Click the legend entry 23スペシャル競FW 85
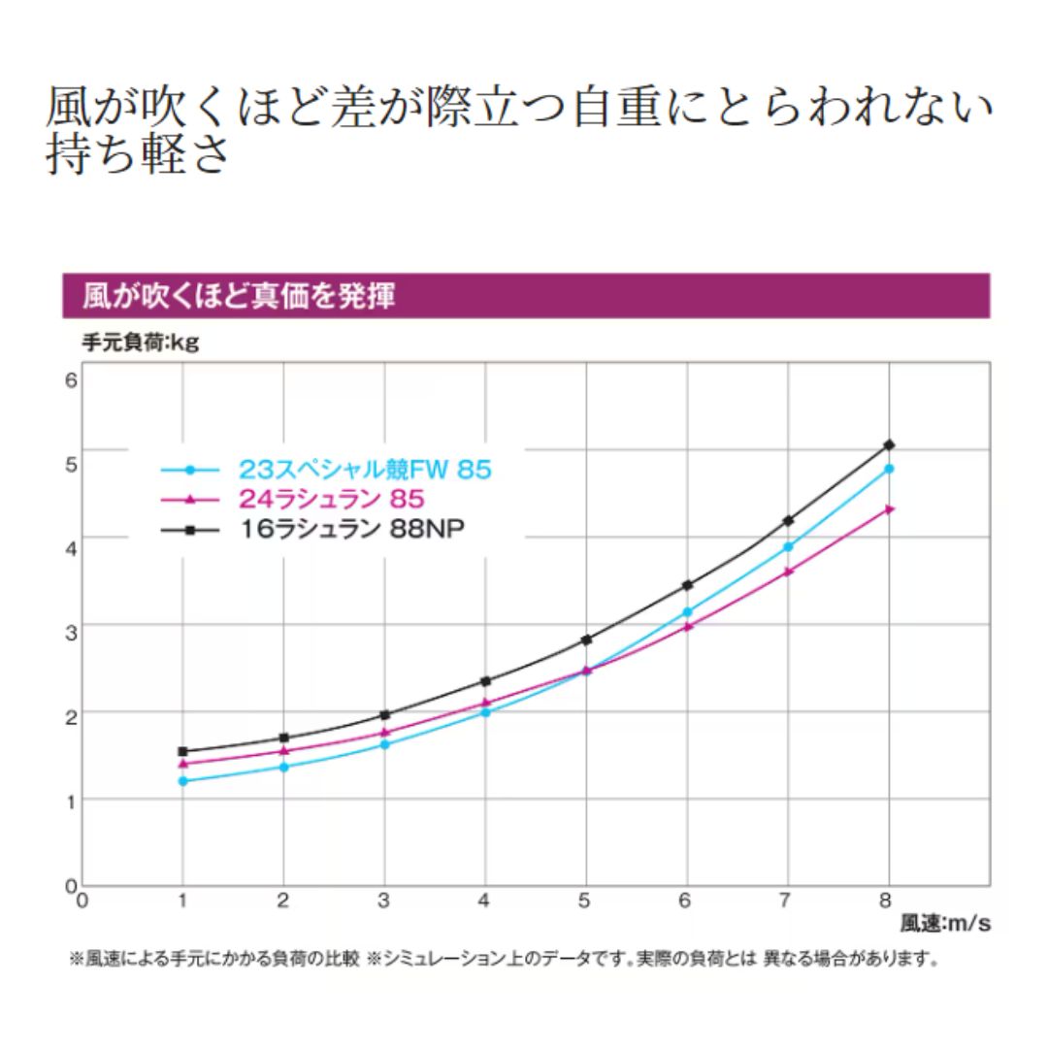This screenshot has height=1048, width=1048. tap(365, 471)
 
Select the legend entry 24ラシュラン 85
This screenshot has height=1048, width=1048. tap(330, 500)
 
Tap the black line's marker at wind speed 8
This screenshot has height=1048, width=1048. tap(889, 444)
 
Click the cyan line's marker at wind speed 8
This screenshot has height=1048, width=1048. tap(889, 469)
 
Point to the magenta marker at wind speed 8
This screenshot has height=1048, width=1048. tap(889, 508)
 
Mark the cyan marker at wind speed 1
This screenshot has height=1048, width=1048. tap(182, 781)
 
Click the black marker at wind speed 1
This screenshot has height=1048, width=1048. tap(182, 751)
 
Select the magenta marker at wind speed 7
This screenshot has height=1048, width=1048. tap(788, 572)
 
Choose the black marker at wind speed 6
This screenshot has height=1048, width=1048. tap(687, 585)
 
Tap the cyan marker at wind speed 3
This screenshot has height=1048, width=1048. tap(384, 744)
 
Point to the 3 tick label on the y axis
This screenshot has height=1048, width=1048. tap(70, 626)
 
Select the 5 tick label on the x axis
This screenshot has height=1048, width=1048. tap(585, 901)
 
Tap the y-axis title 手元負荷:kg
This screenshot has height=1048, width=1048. tap(140, 343)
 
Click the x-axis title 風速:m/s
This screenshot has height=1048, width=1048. tap(945, 924)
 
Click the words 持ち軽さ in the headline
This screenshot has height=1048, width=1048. tap(138, 155)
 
